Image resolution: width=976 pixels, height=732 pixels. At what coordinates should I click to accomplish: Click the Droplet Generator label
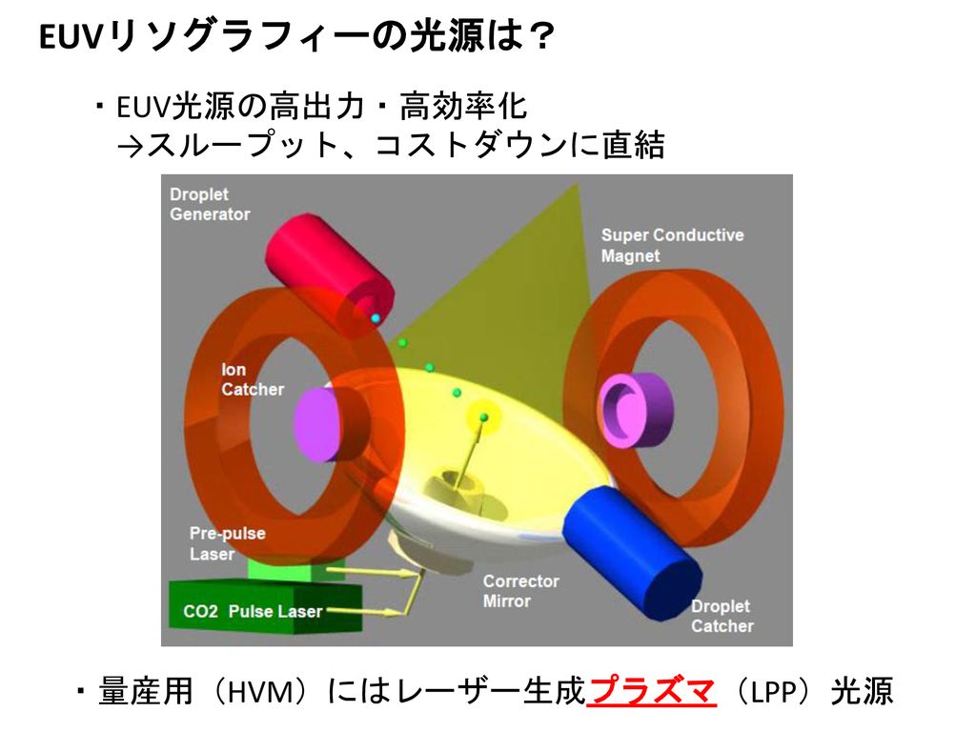210,204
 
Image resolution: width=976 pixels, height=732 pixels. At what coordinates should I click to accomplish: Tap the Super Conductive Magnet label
672,245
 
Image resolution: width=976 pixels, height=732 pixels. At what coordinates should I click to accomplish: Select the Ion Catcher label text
252,379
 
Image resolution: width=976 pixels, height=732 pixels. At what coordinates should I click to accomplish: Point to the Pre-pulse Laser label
227,543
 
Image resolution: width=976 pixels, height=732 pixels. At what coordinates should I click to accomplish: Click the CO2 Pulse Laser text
253,611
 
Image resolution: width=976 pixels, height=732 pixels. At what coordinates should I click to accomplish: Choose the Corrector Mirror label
521,591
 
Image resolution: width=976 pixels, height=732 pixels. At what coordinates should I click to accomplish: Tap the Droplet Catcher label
722,616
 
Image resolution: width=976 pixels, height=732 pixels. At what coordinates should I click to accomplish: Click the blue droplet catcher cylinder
633,552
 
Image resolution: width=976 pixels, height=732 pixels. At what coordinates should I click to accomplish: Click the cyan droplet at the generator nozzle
376,318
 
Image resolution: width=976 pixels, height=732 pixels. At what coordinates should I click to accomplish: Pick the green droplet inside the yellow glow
484,417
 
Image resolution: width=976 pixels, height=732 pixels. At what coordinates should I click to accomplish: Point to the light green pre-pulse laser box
296,569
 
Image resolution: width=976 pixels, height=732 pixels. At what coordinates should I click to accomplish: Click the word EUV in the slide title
69,37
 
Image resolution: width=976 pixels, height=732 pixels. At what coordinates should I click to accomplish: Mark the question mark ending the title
541,37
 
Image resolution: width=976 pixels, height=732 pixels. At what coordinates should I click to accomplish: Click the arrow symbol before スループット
130,147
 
